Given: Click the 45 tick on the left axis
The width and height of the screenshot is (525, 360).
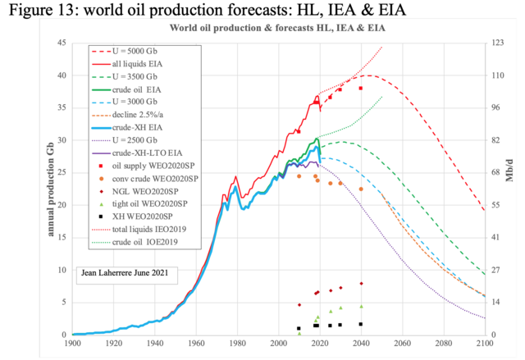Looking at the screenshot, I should (62, 43).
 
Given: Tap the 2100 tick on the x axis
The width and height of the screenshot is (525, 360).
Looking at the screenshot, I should (483, 344).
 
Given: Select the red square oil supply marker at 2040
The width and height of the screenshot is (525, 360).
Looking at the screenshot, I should (361, 88).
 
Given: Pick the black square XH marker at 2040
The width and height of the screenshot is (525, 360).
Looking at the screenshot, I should (361, 324).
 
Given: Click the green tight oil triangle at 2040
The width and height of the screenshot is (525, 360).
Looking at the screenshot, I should (361, 306).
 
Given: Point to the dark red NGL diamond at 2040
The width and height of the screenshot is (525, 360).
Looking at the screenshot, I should (361, 284).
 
